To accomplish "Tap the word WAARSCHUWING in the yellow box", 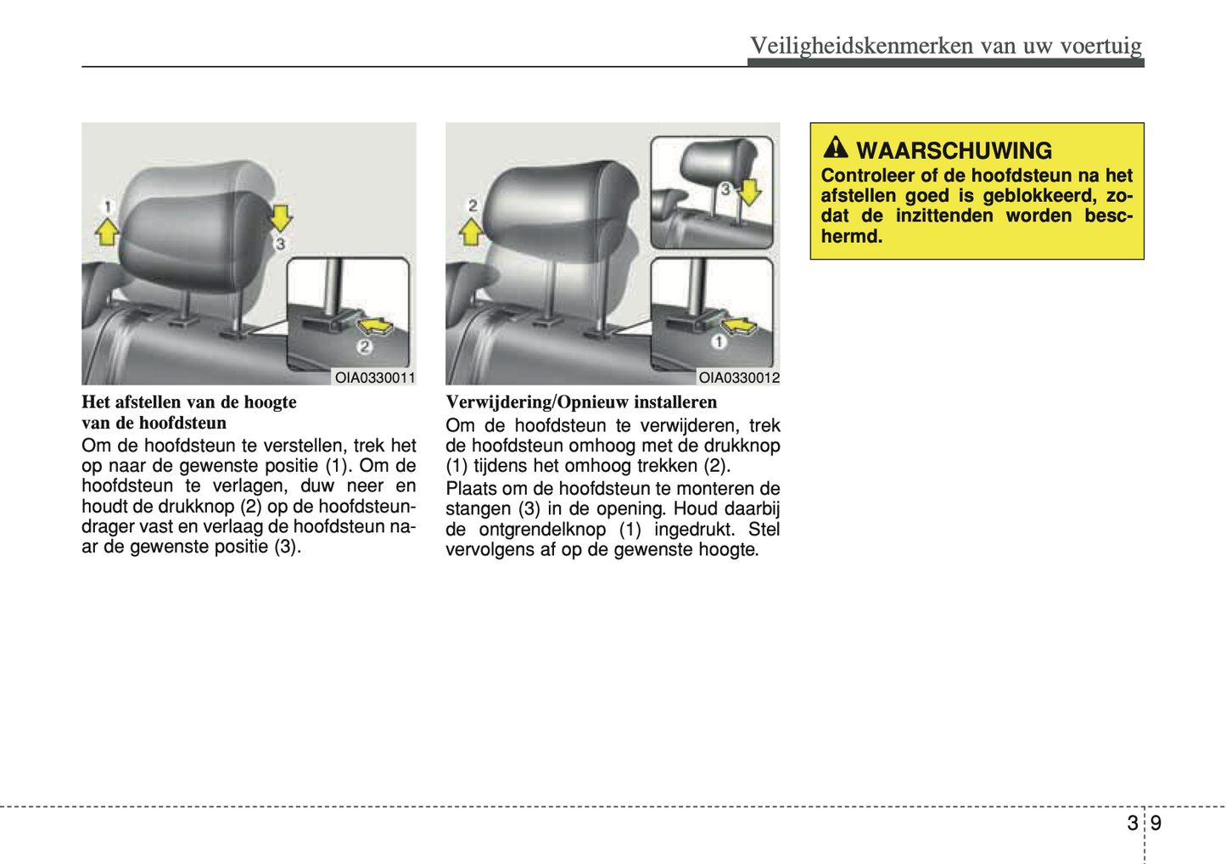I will click(x=954, y=151).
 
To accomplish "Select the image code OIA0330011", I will click(x=374, y=378).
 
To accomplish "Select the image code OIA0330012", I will click(x=738, y=378).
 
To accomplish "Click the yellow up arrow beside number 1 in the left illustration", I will click(x=107, y=231).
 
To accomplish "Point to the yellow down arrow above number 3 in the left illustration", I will click(x=281, y=217).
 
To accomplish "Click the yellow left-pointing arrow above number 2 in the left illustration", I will click(x=374, y=325).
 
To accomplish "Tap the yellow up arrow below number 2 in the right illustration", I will click(x=471, y=231).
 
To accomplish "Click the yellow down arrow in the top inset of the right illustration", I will click(x=749, y=192).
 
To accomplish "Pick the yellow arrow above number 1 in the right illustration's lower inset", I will click(x=738, y=325).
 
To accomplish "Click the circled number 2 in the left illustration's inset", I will click(x=364, y=346).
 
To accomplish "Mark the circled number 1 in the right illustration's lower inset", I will click(x=719, y=342).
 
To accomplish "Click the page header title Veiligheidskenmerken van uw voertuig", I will click(x=945, y=45).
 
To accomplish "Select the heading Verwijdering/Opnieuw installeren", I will click(x=581, y=402).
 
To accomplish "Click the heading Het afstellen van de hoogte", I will click(x=189, y=402).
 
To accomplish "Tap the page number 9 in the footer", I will click(x=1156, y=823).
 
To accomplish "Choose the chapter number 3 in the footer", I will click(x=1132, y=823).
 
